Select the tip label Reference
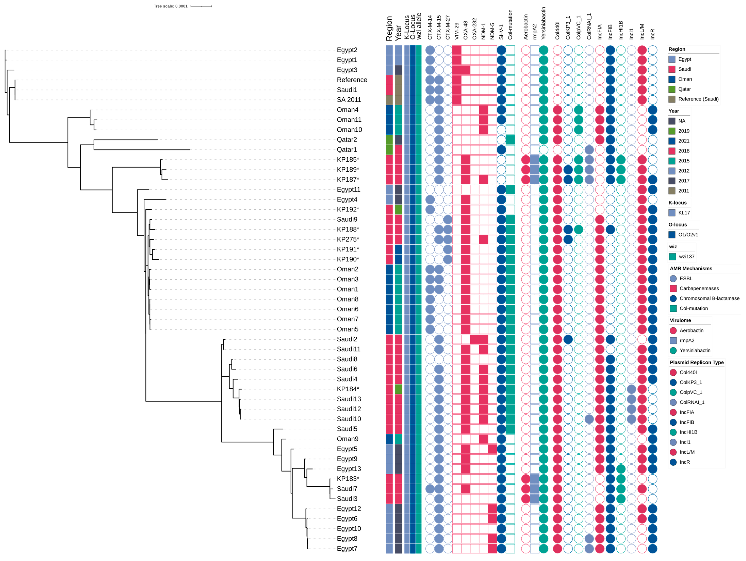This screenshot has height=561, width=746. [x=352, y=80]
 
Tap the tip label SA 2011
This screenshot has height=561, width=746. [x=349, y=100]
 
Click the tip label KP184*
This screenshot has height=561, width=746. [x=348, y=389]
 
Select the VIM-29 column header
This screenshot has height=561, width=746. [x=457, y=31]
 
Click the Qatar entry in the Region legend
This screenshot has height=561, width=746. [x=684, y=89]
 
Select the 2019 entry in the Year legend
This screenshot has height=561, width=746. [x=684, y=131]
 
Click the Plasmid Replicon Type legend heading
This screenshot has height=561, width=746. [x=697, y=362]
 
